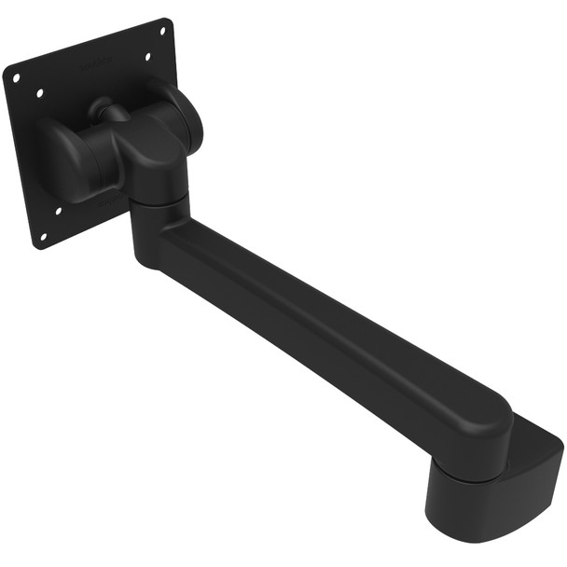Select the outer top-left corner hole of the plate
(x=16, y=78)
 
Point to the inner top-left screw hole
(x=39, y=93)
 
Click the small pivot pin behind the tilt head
(x=113, y=111)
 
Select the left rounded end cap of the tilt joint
(x=58, y=155)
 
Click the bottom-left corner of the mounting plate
(x=37, y=247)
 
